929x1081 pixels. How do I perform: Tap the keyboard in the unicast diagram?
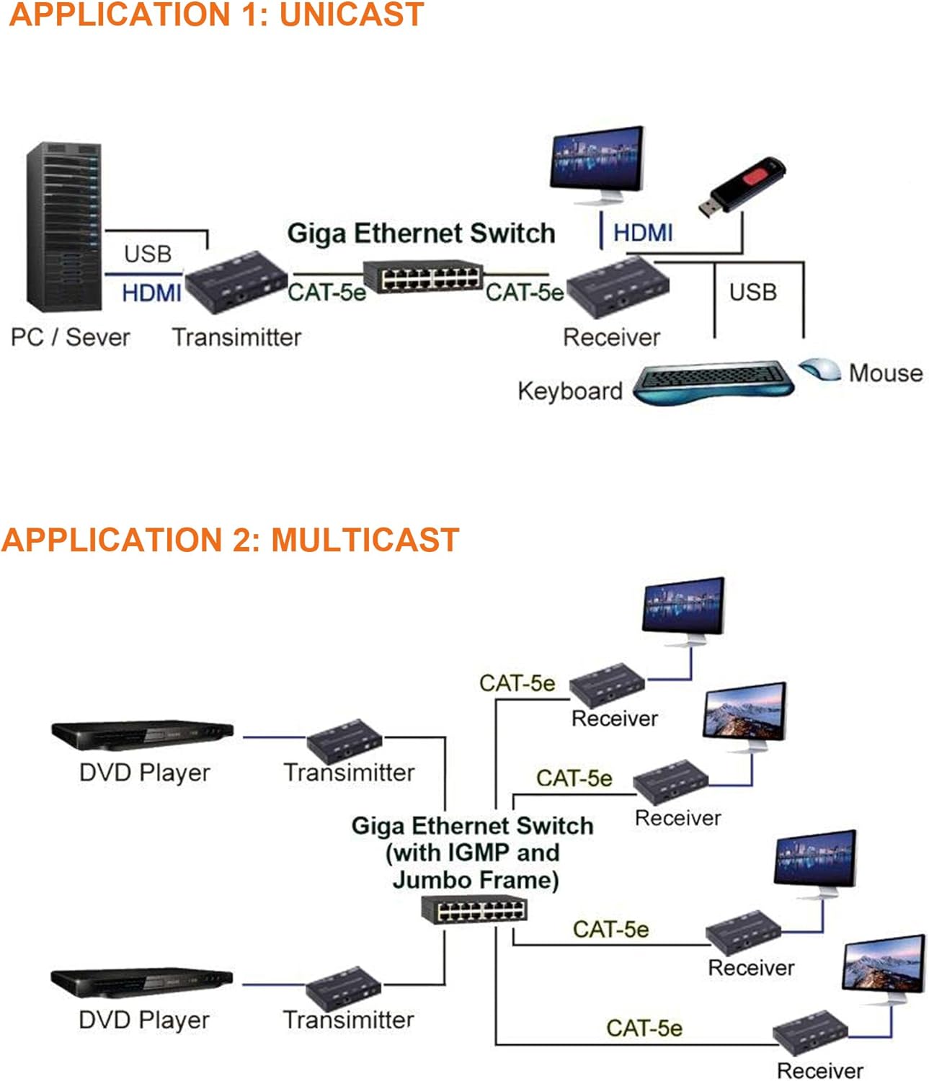(714, 382)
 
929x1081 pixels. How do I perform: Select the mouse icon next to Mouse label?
(820, 370)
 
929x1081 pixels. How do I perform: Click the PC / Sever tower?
(63, 227)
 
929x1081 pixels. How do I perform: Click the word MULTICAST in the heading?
(365, 540)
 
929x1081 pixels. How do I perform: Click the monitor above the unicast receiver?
(596, 162)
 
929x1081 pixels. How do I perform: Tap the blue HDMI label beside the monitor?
(643, 233)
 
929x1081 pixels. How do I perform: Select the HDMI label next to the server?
(151, 293)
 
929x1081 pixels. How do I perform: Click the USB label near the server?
(148, 254)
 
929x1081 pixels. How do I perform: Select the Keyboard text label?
(569, 391)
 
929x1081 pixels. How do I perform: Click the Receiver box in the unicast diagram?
(618, 286)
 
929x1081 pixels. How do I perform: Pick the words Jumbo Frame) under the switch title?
(476, 880)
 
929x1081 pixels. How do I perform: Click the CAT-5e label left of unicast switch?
(326, 292)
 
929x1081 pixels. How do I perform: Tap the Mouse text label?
(886, 373)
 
